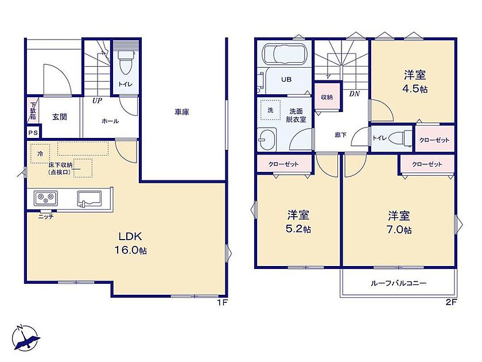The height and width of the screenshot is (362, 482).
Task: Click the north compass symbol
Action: [26, 337]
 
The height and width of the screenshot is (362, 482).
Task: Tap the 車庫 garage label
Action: [182, 113]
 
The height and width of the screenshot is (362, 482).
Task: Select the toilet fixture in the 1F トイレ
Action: [126, 62]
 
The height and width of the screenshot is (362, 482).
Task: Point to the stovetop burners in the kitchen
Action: [46, 198]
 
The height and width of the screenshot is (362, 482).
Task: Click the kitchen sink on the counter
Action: [89, 199]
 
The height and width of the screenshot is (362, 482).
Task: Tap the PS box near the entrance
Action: [33, 133]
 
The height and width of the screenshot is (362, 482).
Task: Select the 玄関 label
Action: [59, 117]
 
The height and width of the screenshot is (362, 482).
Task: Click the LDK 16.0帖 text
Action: [131, 243]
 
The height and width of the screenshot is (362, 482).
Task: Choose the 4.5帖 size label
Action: [415, 89]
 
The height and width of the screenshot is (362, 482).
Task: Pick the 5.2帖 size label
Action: [298, 229]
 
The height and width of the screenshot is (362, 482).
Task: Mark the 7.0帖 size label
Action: [399, 230]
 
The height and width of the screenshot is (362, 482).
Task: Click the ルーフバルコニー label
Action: [398, 283]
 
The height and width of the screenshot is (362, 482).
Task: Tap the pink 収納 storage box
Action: [327, 97]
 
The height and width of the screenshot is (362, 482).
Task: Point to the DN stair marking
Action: [355, 94]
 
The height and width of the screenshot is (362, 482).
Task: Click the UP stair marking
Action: [97, 101]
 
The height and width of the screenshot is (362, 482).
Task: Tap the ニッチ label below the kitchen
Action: [46, 217]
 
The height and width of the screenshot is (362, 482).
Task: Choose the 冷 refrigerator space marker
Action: [40, 153]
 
